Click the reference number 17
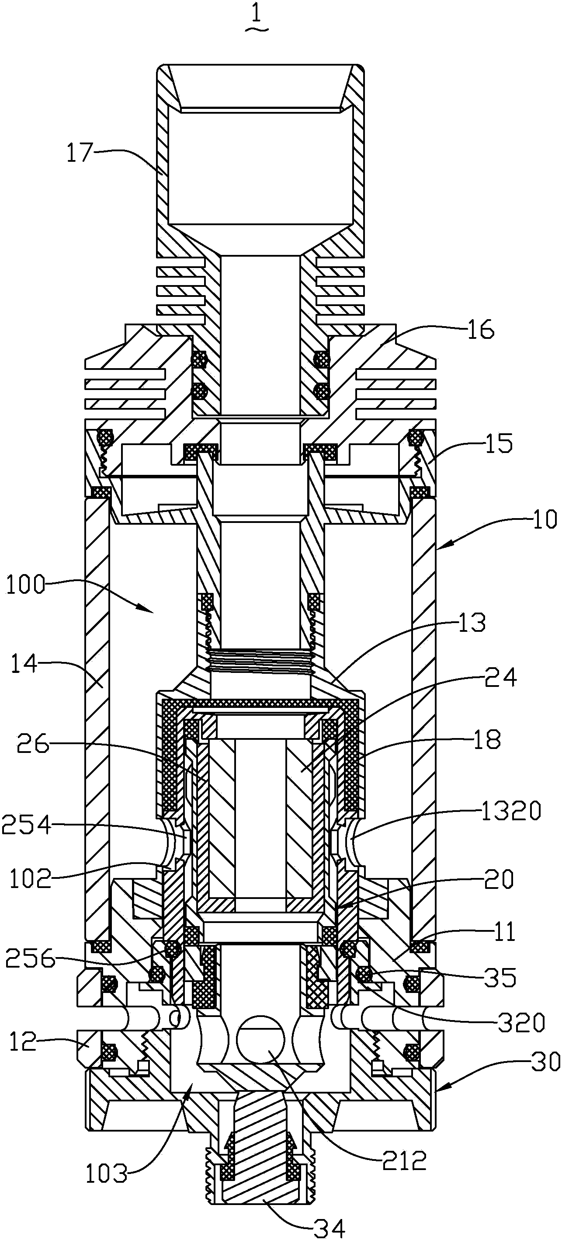[80, 153]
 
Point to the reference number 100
[24, 587]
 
